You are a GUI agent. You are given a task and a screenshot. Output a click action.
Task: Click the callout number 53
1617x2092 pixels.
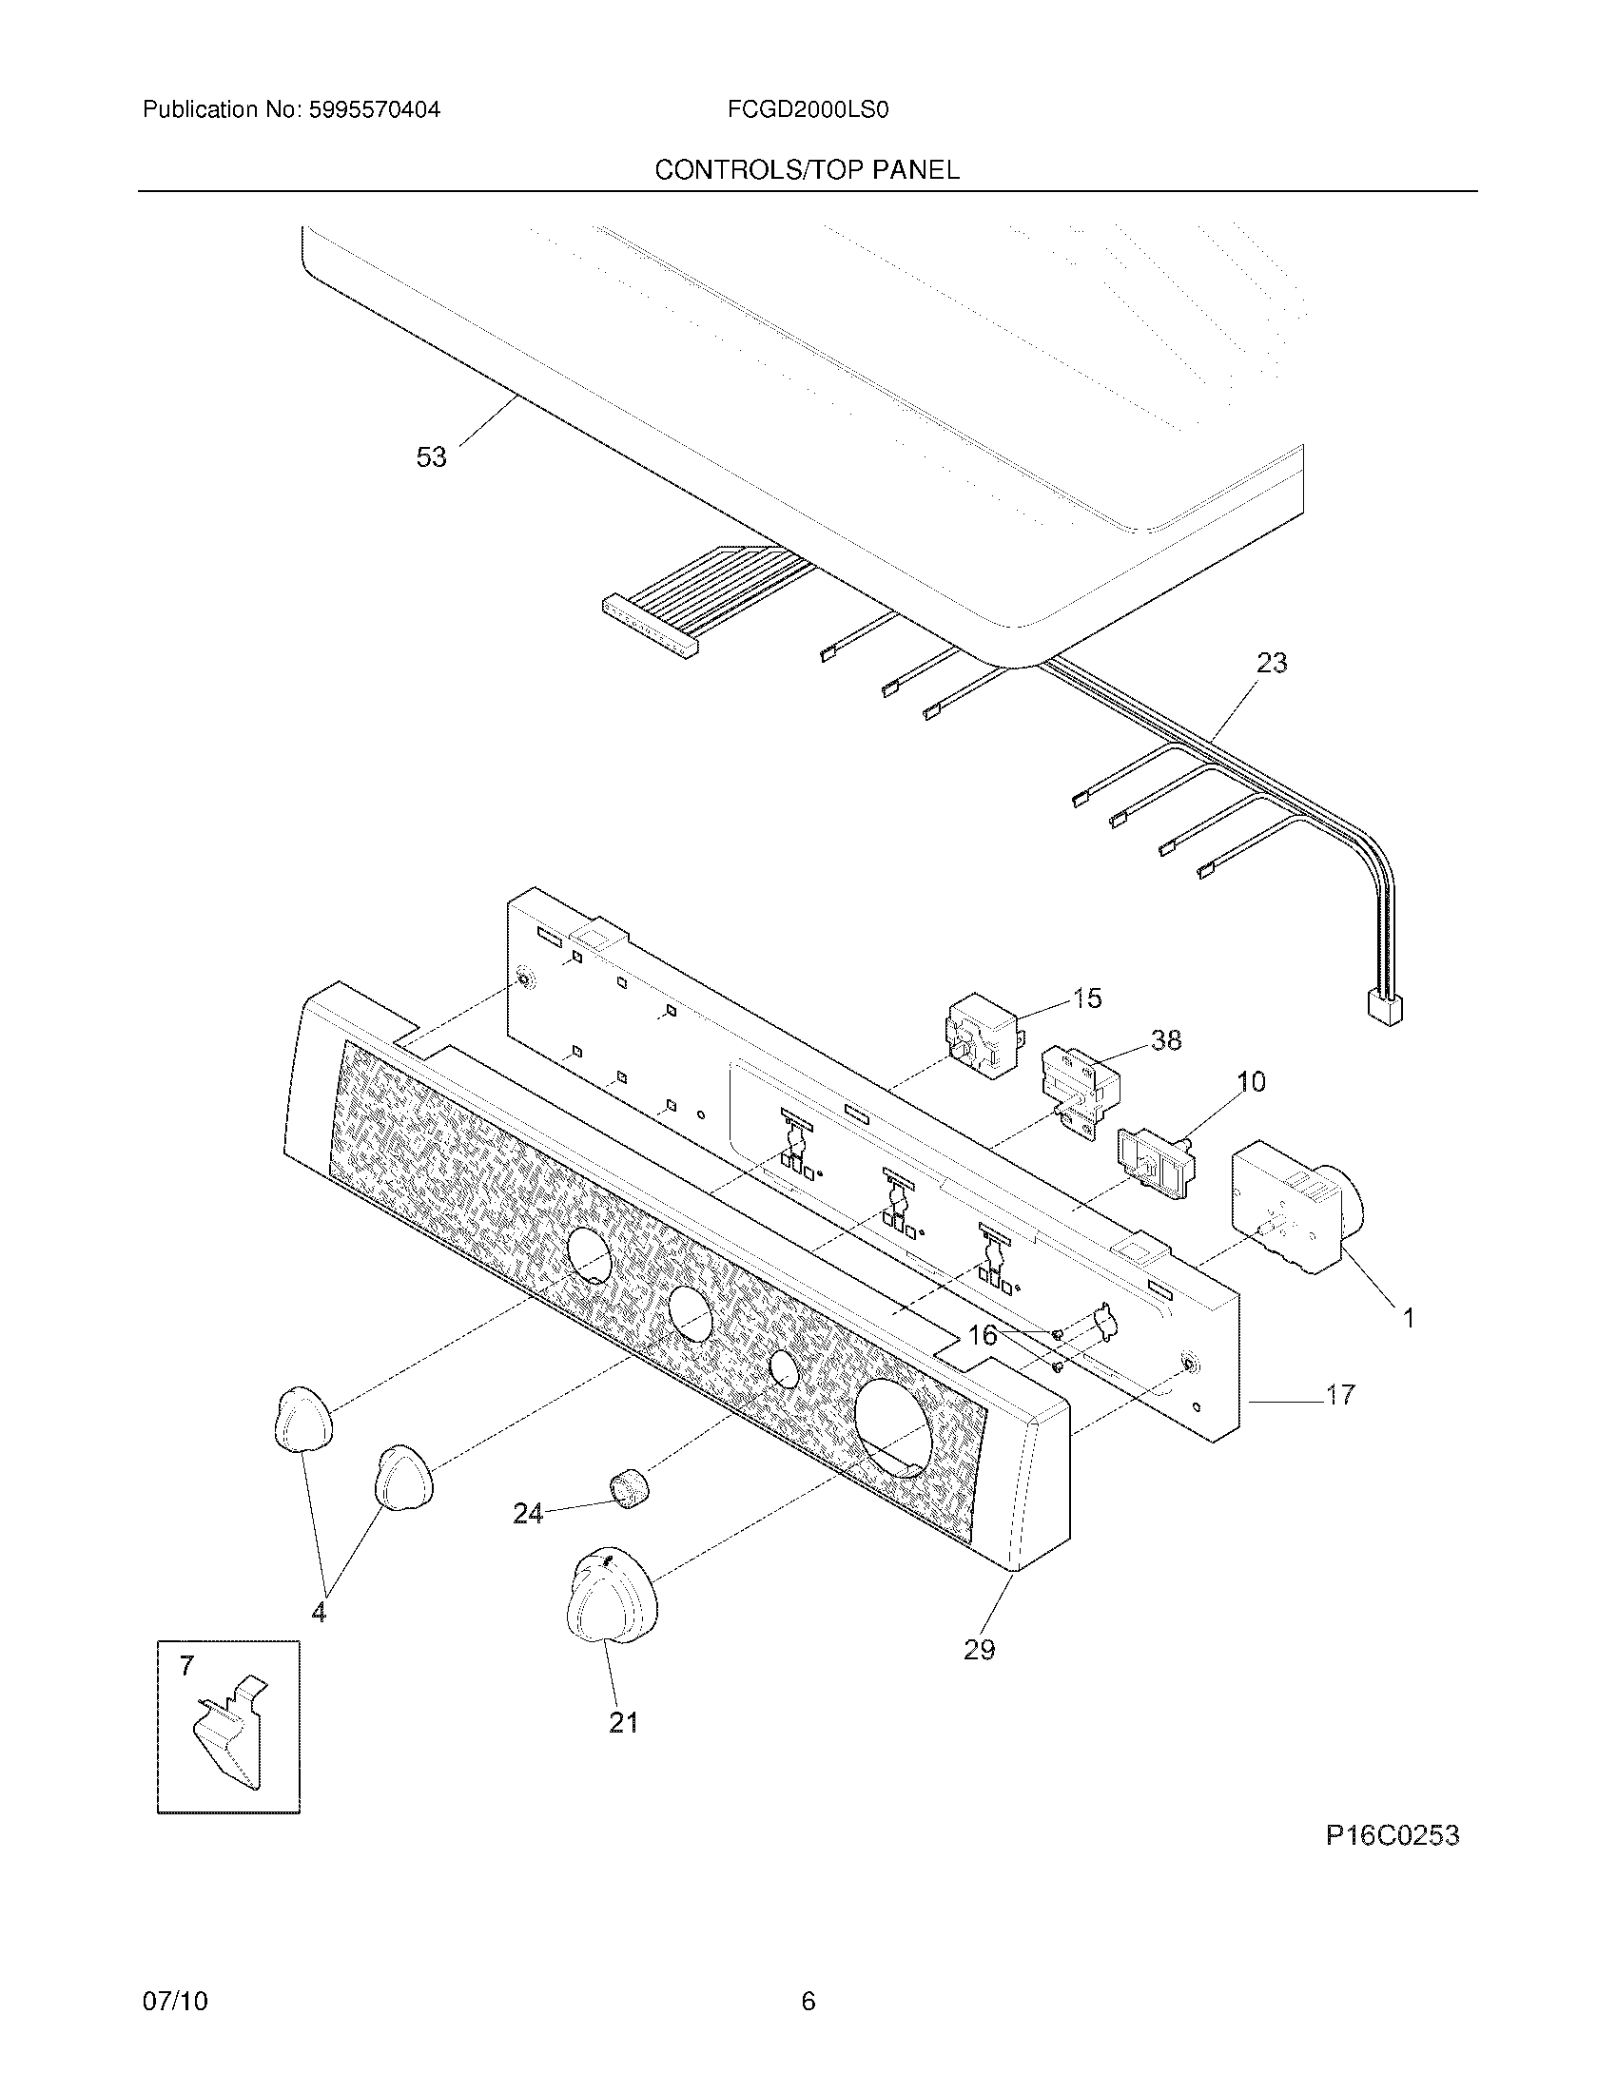click(431, 458)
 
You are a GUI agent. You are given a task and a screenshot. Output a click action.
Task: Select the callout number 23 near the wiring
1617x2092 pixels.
click(1271, 663)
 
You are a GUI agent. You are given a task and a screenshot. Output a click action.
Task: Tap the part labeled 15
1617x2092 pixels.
click(982, 1036)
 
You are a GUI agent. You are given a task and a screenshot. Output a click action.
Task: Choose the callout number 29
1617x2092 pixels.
click(979, 1650)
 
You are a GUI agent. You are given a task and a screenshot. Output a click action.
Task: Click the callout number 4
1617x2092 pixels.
click(318, 1613)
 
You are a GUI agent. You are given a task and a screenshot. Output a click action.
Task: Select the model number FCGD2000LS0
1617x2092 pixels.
click(808, 110)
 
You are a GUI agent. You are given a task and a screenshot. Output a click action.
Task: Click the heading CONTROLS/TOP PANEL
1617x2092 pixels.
click(807, 170)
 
